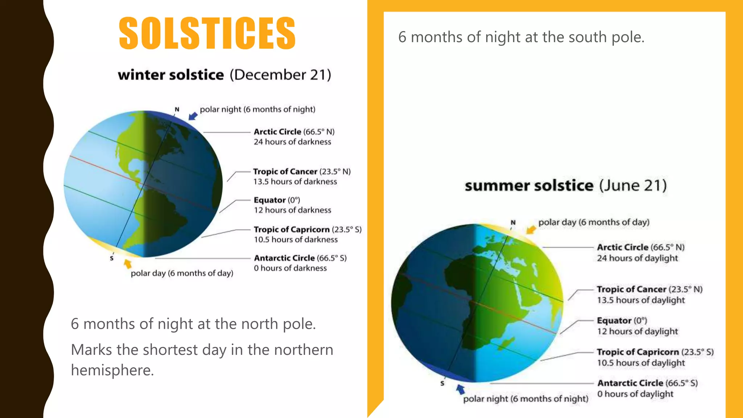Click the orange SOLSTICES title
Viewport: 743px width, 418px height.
tap(207, 33)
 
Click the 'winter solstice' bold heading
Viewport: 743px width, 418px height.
tap(171, 75)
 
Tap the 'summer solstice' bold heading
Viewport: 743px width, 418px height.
tap(529, 185)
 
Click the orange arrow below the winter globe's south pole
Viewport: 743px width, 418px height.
tap(127, 264)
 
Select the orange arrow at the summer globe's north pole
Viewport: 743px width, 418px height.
tap(531, 229)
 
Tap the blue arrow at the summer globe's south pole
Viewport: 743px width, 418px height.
tap(460, 389)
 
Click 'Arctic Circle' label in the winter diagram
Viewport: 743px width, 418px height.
tap(277, 132)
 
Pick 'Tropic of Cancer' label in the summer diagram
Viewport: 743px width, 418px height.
tap(631, 289)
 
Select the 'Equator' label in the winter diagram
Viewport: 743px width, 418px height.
tap(270, 200)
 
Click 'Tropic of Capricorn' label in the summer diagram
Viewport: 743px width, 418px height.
tap(638, 352)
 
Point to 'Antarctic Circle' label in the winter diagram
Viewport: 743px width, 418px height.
tap(284, 258)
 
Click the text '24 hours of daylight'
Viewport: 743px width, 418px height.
tap(637, 258)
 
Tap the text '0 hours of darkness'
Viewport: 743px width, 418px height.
tap(290, 268)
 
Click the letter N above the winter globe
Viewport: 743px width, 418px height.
tap(177, 109)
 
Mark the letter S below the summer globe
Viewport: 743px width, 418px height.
tap(442, 383)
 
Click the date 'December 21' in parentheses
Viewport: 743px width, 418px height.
tap(280, 75)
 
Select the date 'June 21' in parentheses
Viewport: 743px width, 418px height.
tap(633, 185)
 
